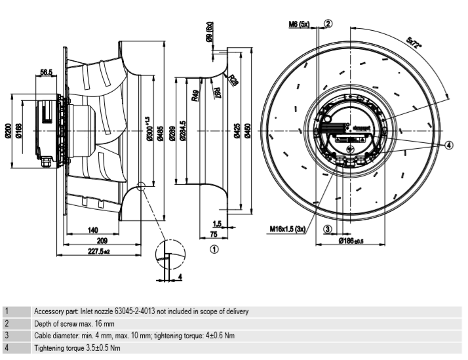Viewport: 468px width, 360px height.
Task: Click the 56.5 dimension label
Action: (x=47, y=73)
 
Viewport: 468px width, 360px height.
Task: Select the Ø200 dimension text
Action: (x=8, y=131)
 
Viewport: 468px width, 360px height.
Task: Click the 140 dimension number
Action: (x=92, y=231)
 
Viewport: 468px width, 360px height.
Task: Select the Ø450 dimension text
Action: (x=247, y=131)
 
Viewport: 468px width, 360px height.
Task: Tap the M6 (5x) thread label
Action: (x=301, y=24)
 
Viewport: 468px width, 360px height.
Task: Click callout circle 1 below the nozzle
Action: (x=214, y=249)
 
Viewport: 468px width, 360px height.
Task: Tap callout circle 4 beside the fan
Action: (x=448, y=145)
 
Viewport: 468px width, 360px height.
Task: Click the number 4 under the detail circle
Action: (x=179, y=277)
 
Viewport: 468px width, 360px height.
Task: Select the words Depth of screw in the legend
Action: (x=56, y=323)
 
